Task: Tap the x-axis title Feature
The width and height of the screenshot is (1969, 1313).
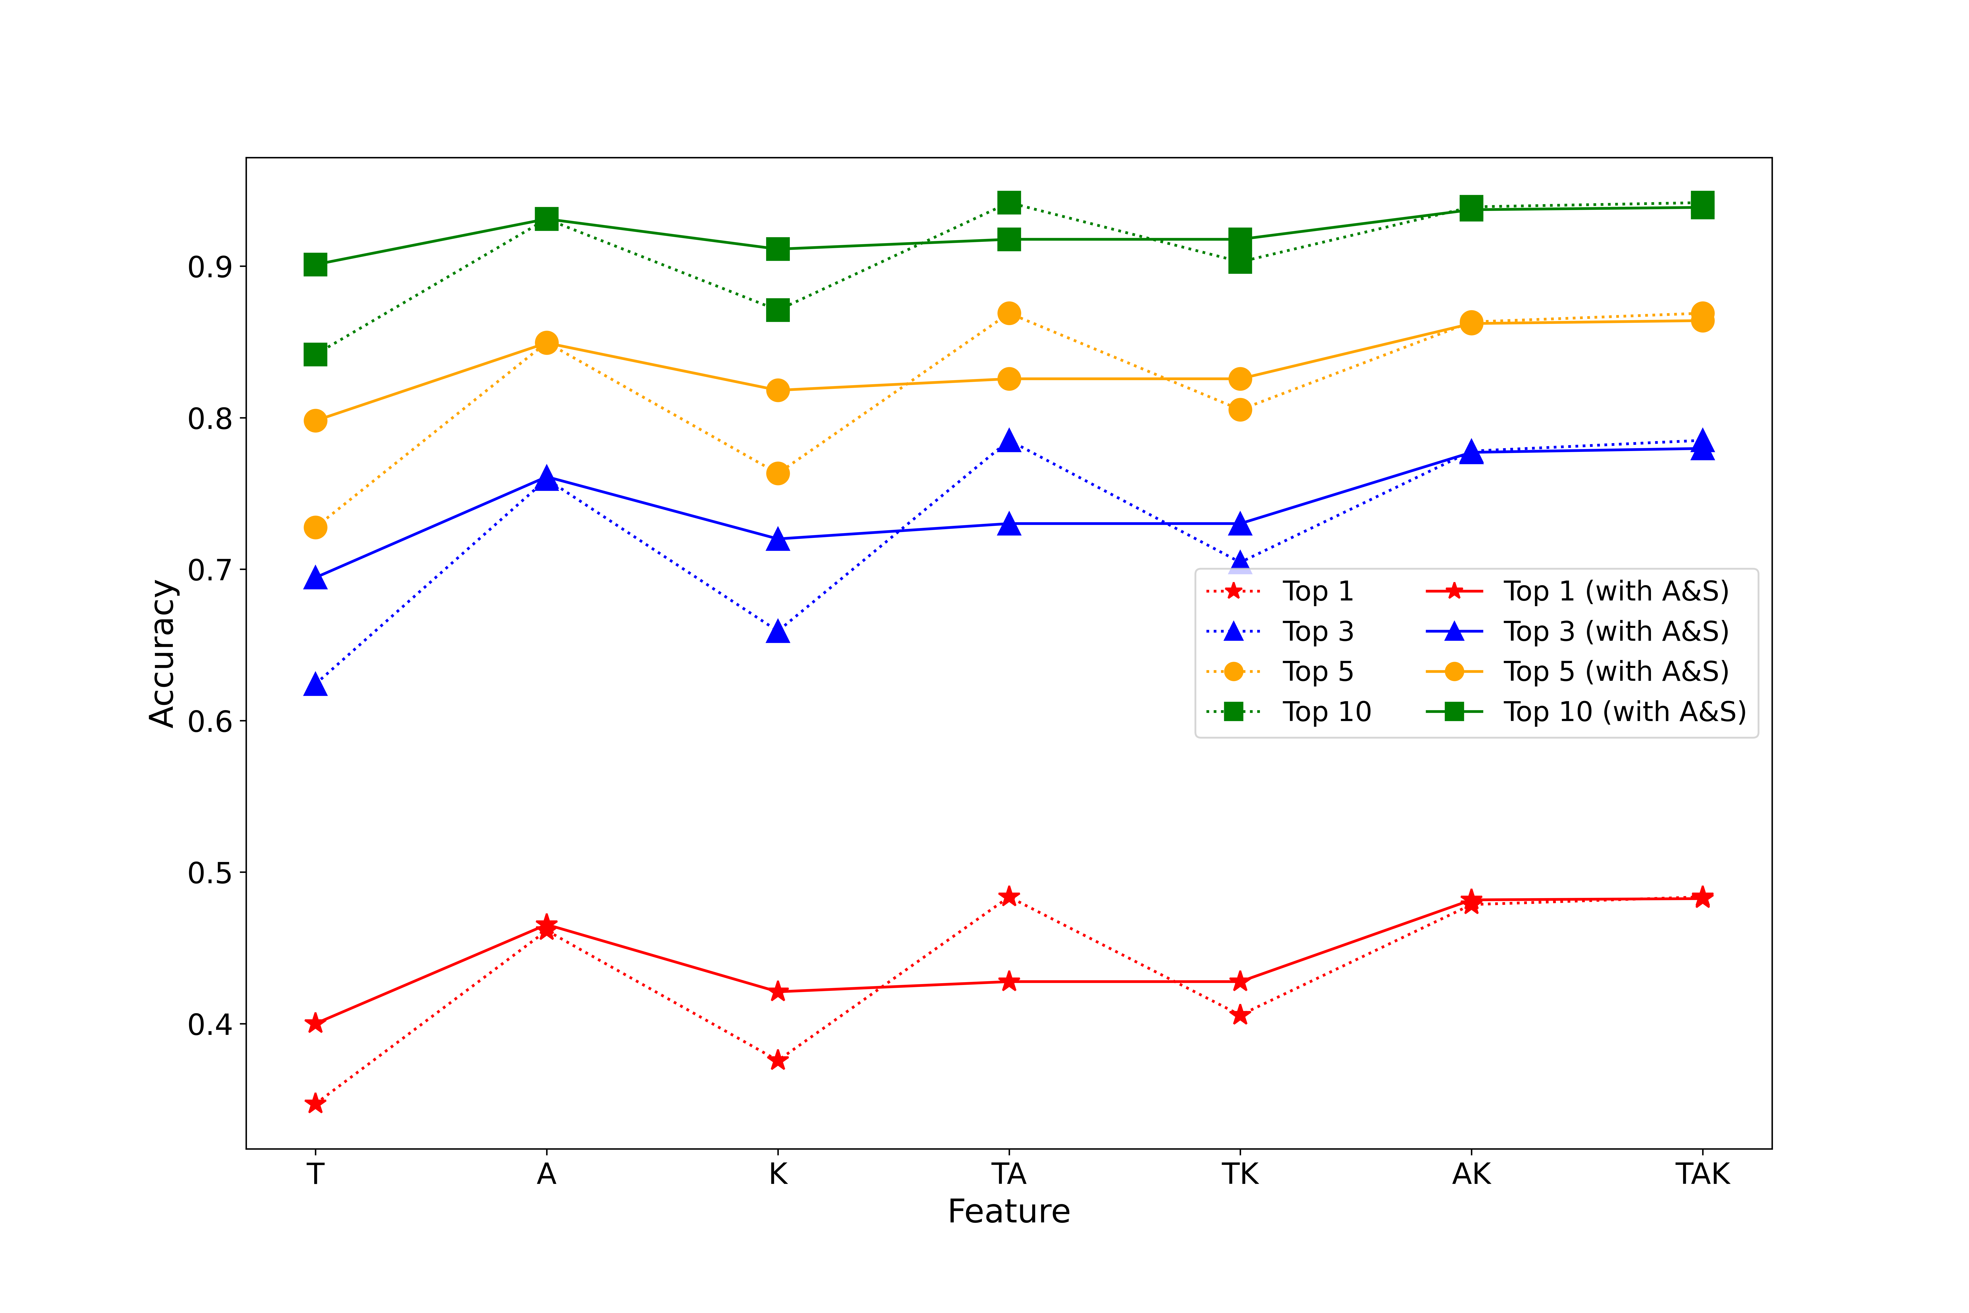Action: point(1009,1212)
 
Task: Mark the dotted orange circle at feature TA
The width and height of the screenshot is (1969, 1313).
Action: point(1009,313)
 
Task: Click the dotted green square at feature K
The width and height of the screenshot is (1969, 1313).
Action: point(778,310)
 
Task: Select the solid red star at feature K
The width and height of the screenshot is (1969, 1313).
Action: point(778,992)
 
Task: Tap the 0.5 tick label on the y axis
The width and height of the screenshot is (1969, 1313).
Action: point(209,872)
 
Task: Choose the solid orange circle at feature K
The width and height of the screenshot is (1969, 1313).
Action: point(778,390)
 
